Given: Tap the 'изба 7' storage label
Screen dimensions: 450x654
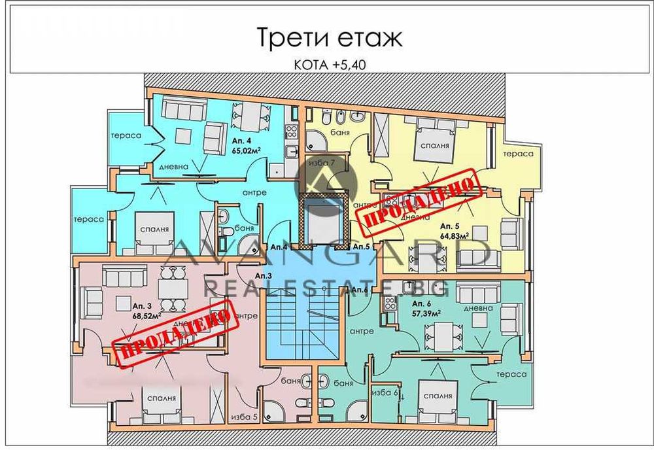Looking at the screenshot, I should [323, 162].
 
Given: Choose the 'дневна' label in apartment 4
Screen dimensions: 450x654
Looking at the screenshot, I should [173, 167].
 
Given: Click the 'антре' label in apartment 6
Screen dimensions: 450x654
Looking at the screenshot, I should [360, 331].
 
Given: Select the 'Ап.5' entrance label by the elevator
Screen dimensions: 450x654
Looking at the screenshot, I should [361, 247].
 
